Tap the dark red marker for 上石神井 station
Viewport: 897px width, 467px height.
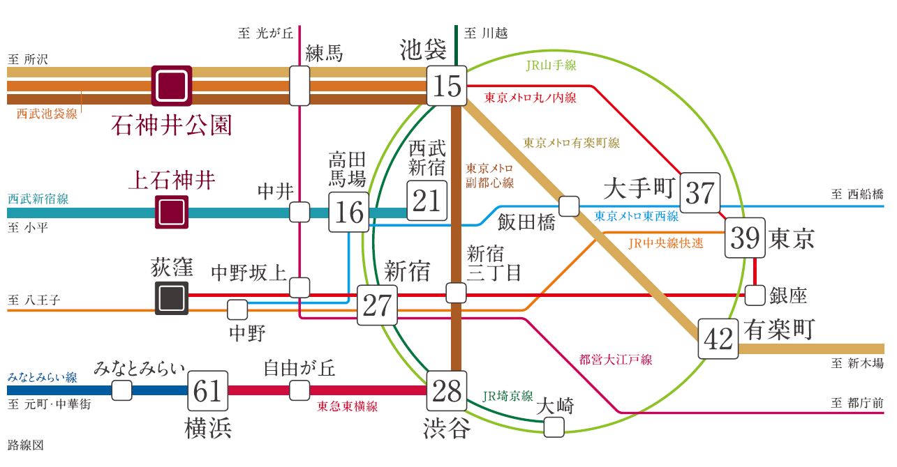point(172,213)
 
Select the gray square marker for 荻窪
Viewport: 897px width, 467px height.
point(172,298)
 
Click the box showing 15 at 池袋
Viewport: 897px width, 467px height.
point(447,86)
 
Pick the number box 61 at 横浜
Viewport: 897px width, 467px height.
point(208,391)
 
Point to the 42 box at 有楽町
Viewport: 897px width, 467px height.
point(718,339)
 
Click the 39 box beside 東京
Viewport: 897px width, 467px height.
point(745,238)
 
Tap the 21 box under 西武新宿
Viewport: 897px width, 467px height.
point(426,200)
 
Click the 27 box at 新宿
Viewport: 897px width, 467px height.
point(377,305)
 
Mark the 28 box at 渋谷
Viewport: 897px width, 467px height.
point(447,391)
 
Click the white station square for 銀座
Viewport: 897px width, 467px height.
point(755,296)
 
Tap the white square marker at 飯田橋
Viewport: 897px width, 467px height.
point(569,206)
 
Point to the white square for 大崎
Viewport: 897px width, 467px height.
point(554,427)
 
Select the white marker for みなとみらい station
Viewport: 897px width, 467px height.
point(121,390)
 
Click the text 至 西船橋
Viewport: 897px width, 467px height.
point(857,194)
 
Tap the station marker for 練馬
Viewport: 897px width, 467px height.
point(299,86)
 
